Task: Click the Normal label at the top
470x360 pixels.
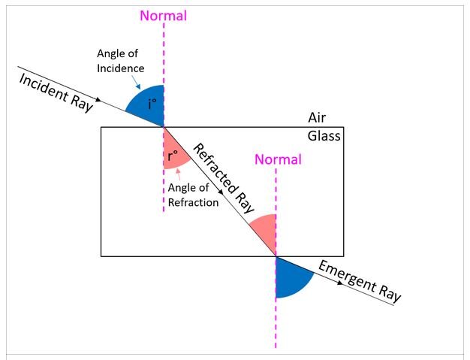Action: point(164,16)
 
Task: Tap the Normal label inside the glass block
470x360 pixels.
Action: point(278,159)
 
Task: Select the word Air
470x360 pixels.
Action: point(317,117)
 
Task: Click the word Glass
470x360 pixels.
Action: point(324,136)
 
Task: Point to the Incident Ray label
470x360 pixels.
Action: point(56,93)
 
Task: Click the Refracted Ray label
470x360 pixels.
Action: point(223,179)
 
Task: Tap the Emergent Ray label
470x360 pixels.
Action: point(360,281)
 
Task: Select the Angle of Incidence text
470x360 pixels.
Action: point(120,61)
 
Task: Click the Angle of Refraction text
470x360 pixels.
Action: point(193,195)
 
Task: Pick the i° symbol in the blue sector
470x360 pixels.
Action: point(152,104)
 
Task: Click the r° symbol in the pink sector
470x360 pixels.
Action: point(173,156)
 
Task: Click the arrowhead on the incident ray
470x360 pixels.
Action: point(98,100)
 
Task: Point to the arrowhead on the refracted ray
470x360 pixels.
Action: point(221,191)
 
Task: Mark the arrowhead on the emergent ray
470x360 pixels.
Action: point(340,283)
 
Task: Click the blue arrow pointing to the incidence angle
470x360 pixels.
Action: point(136,82)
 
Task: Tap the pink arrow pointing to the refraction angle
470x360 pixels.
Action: point(179,174)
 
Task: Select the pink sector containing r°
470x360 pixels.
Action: point(173,152)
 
